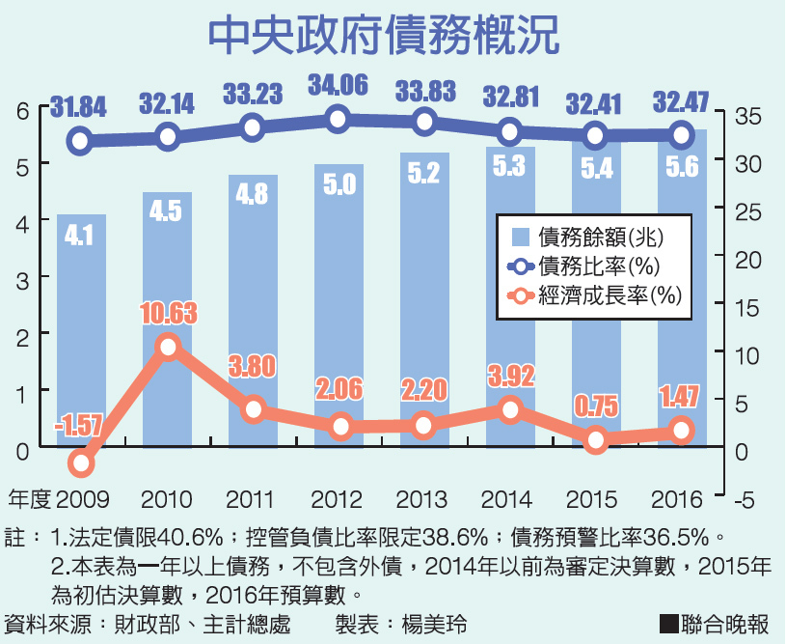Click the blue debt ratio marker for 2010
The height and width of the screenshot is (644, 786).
(x=168, y=136)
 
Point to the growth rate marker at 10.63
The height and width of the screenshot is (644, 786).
(x=168, y=348)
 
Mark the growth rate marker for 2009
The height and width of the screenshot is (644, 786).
(x=81, y=463)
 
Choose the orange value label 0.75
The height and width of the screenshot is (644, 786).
(x=596, y=406)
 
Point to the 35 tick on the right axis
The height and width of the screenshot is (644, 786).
(x=747, y=115)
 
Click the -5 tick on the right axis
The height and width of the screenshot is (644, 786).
(x=745, y=499)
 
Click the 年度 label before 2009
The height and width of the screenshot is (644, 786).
(x=28, y=499)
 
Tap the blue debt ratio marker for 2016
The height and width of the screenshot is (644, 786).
(x=682, y=134)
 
